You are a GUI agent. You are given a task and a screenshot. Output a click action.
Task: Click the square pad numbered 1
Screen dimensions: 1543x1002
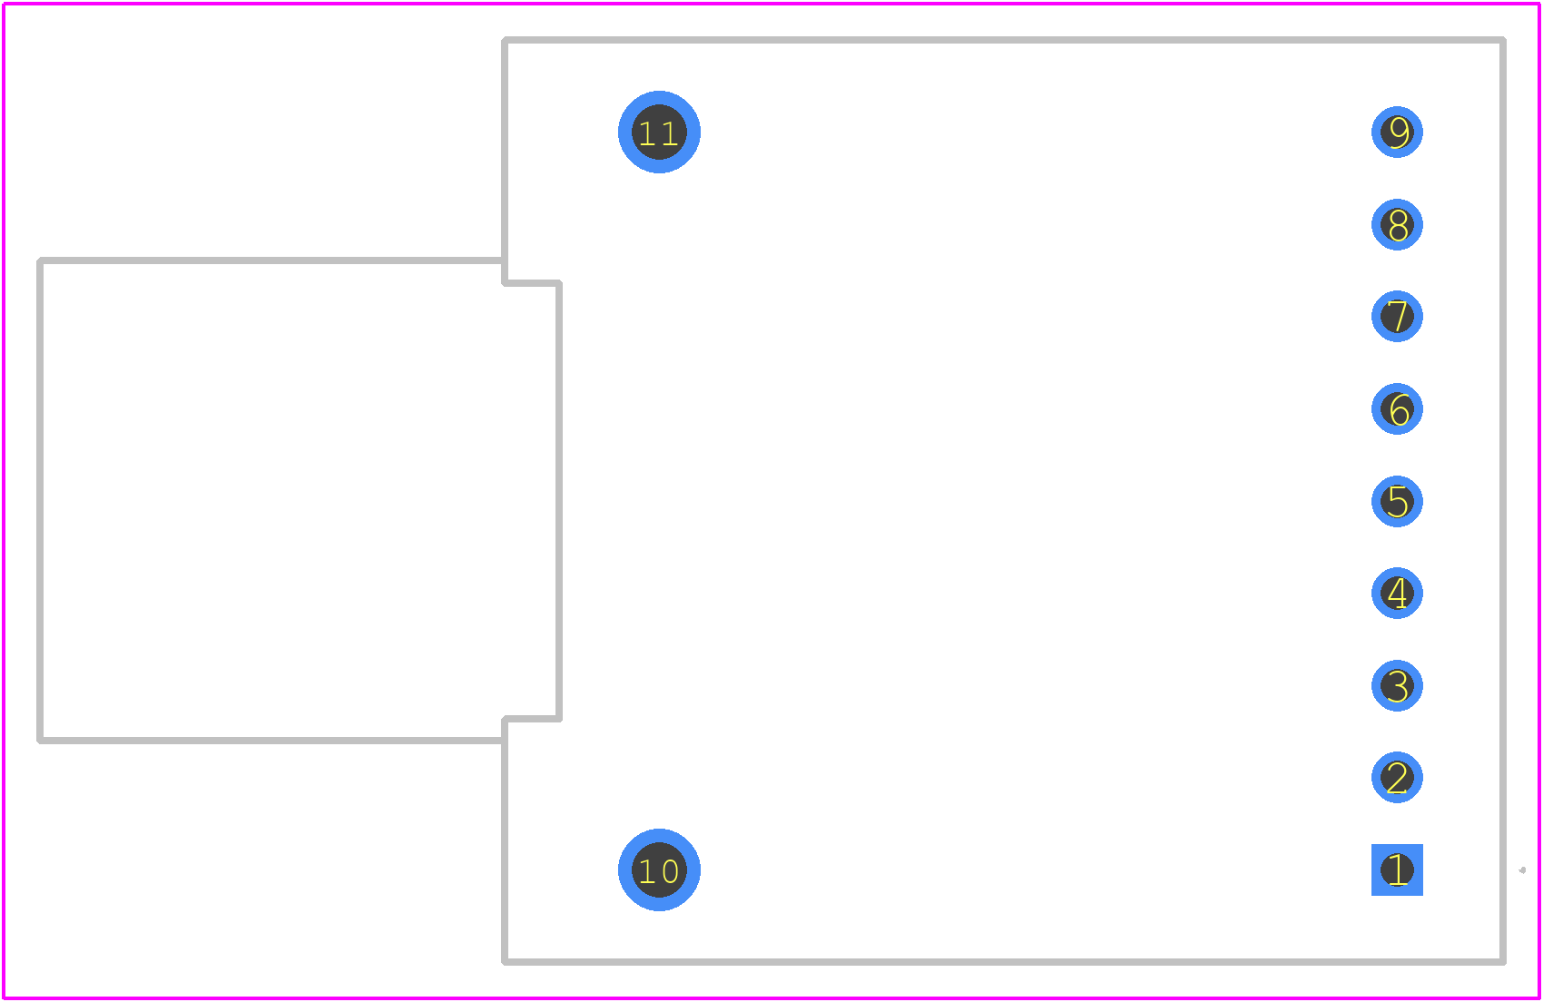point(1397,869)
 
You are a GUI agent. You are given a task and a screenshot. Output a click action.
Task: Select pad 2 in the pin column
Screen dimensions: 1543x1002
point(1397,778)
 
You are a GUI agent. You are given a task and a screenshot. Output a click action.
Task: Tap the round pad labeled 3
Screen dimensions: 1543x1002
point(1397,686)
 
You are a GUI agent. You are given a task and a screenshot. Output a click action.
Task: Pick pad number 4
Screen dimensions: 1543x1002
point(1397,593)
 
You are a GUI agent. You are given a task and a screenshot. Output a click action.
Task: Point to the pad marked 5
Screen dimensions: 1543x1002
point(1397,501)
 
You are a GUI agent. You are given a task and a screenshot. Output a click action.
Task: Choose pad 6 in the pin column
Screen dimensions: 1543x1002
point(1397,409)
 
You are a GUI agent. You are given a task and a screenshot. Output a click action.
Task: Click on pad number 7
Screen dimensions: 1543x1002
point(1397,317)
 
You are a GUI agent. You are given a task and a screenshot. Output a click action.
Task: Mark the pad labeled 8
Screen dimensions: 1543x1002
point(1397,224)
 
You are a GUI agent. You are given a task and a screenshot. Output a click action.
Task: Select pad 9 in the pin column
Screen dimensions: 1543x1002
point(1397,133)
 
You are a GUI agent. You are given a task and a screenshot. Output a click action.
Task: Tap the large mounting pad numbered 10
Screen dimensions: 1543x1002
point(659,869)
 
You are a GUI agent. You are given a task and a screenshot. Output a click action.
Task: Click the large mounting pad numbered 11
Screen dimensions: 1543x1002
point(659,133)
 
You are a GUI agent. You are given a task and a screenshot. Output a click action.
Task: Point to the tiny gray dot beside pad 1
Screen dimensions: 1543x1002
point(1522,870)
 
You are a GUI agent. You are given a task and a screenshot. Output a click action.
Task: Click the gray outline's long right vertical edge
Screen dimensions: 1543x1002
point(1502,501)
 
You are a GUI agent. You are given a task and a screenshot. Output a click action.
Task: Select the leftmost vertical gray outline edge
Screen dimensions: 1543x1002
point(40,501)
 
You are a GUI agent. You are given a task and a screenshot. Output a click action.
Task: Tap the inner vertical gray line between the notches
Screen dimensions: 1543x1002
point(558,501)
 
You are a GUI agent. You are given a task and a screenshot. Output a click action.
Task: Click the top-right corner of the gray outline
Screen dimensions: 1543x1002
point(1502,40)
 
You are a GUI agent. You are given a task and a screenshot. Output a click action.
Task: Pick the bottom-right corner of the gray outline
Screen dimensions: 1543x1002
point(1502,962)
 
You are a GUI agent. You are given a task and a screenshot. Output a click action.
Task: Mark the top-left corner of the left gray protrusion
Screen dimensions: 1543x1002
point(40,260)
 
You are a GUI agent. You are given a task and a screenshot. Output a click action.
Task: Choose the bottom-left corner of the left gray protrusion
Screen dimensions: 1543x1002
point(40,741)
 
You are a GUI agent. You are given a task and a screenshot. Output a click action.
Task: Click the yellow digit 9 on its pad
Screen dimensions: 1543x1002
point(1399,133)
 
